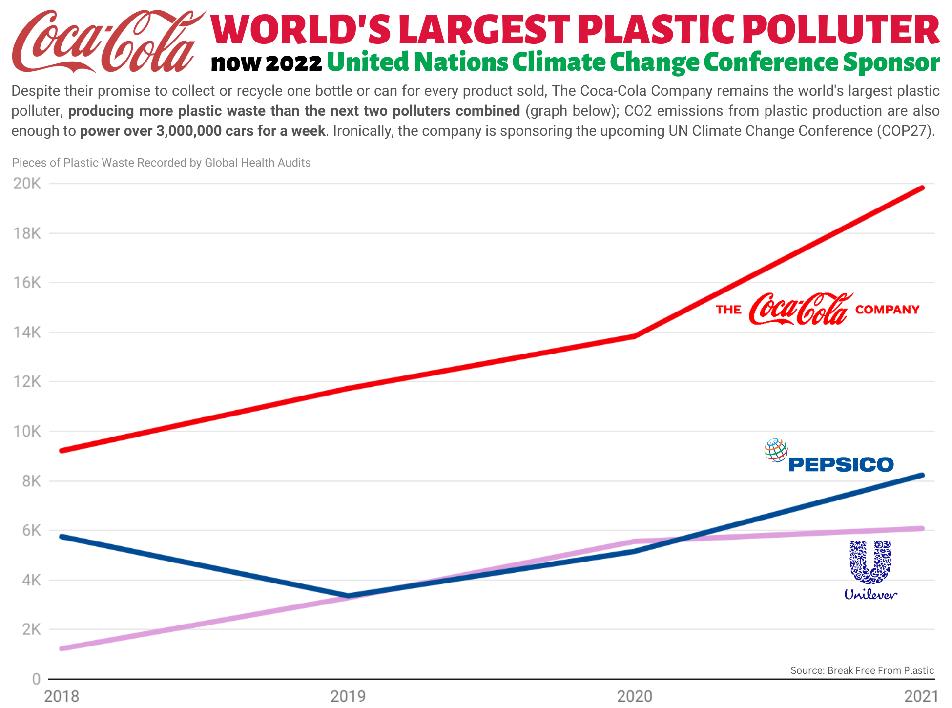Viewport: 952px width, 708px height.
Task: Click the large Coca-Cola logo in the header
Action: [x=107, y=42]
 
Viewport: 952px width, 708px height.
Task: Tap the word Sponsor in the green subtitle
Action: [x=891, y=62]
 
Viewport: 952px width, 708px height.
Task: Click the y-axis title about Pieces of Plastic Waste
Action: [x=161, y=163]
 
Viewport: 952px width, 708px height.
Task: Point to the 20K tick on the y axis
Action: [x=27, y=184]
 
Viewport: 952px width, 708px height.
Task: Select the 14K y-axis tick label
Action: [x=27, y=333]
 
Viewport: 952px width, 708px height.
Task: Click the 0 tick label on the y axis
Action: [x=36, y=679]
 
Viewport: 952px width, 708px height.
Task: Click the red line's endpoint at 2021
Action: [x=922, y=188]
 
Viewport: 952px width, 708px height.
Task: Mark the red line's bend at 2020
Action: [x=634, y=336]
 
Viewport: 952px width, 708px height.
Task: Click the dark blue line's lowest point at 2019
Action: [x=348, y=596]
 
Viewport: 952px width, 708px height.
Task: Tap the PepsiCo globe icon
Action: [x=776, y=450]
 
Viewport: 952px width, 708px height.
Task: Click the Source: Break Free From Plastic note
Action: [x=862, y=670]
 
